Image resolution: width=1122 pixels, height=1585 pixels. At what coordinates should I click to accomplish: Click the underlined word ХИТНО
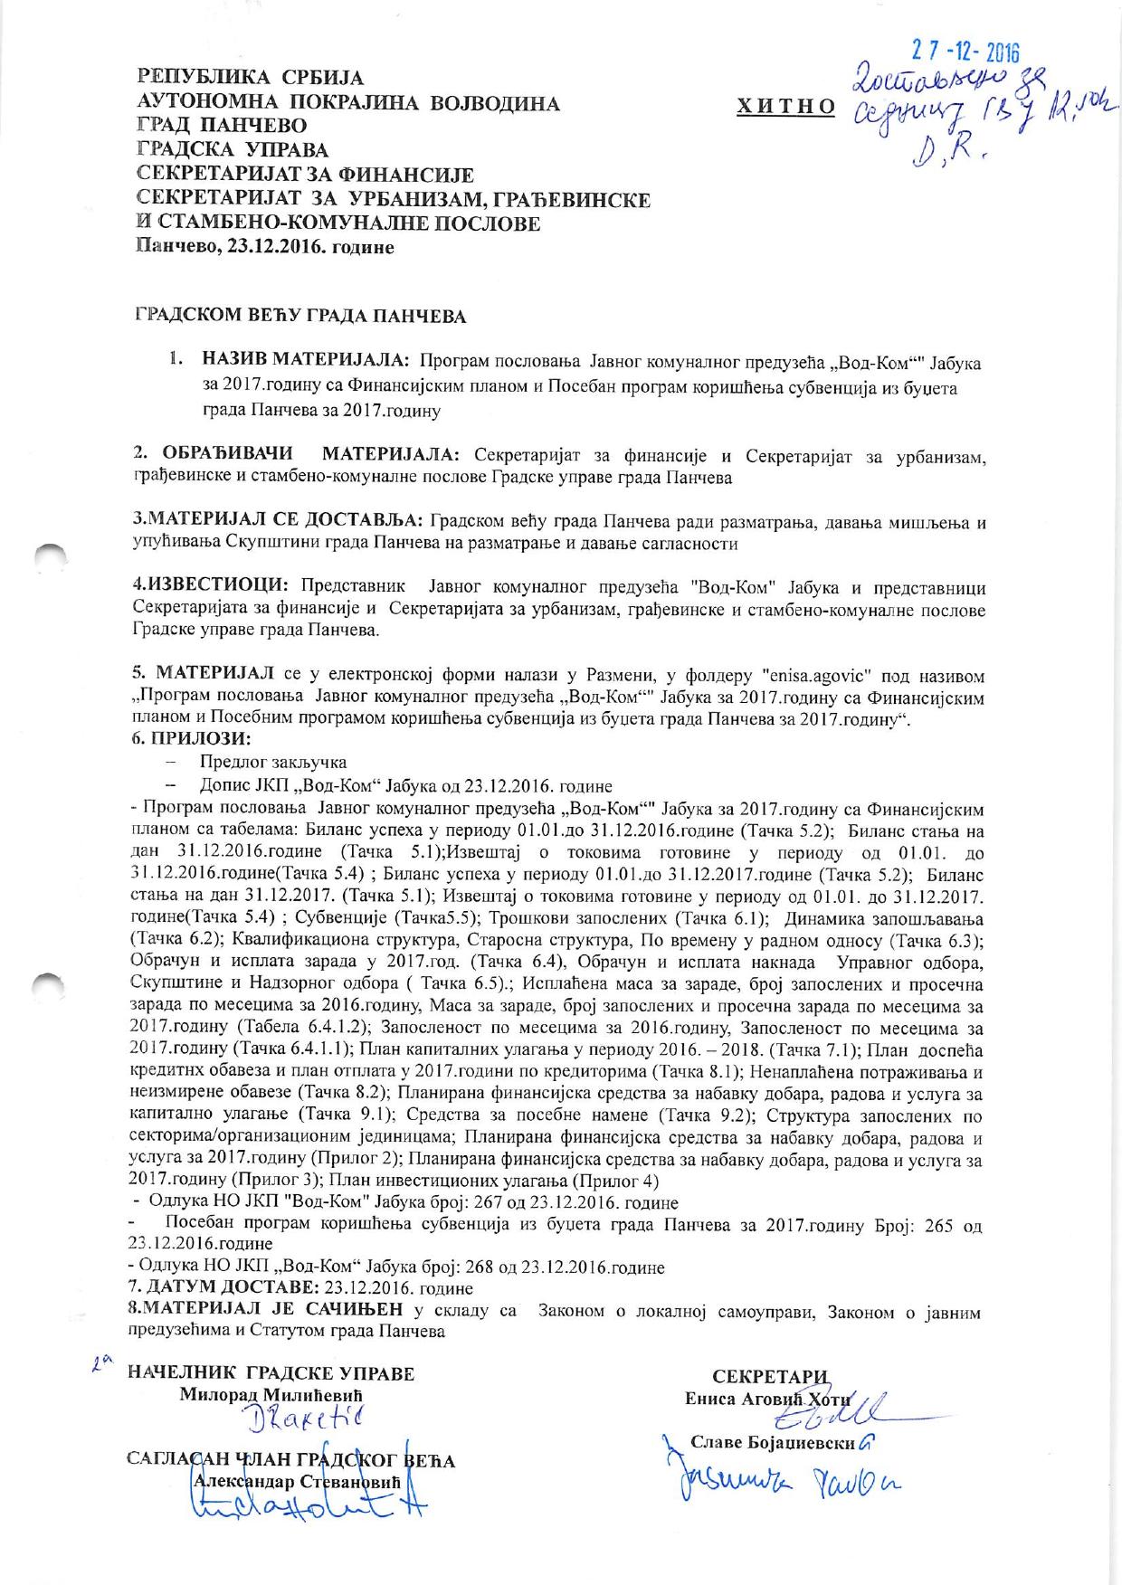[x=785, y=106]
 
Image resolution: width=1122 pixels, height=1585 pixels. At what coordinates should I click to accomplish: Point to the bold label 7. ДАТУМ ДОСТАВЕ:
[x=225, y=1287]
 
